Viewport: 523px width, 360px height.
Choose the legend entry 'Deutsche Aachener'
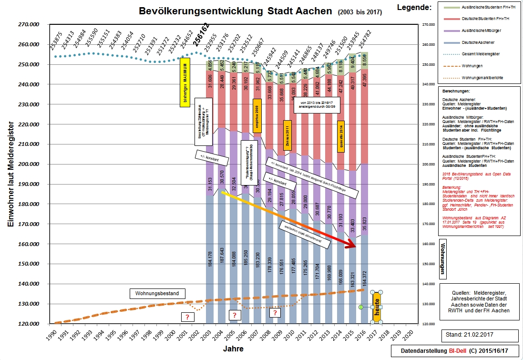477,42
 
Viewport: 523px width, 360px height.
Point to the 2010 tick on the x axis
290,334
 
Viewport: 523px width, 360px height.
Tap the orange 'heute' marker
377,307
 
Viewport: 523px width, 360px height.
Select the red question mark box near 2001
187,317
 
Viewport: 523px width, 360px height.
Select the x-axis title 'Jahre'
233,349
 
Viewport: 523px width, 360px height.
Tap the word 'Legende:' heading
414,7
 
